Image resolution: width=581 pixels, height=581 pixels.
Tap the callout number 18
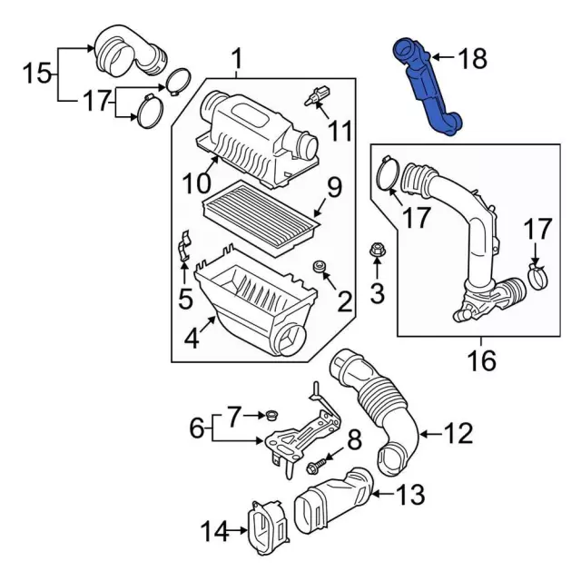(472, 60)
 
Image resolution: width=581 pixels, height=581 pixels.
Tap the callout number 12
(458, 434)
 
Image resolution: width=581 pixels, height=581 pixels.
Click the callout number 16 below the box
(482, 362)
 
